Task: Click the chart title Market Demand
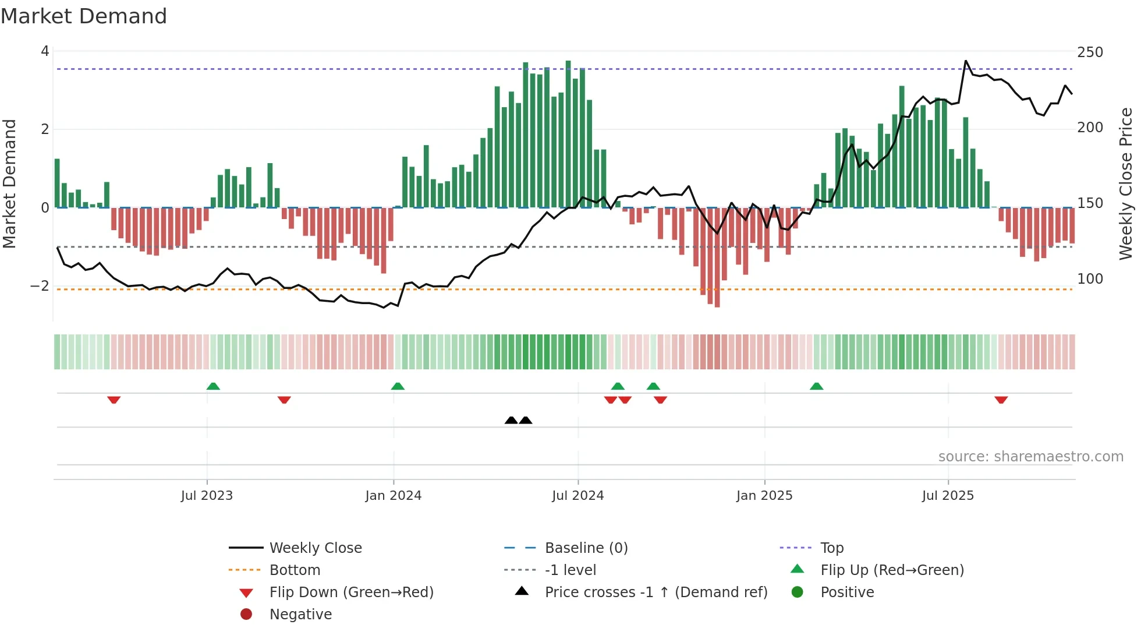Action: pyautogui.click(x=84, y=16)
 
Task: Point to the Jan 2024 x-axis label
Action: pyautogui.click(x=393, y=496)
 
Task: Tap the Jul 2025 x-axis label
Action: pyautogui.click(x=947, y=496)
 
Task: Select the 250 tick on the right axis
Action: pyautogui.click(x=1090, y=52)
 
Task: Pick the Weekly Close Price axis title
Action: pyautogui.click(x=1126, y=184)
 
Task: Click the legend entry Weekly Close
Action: pyautogui.click(x=315, y=548)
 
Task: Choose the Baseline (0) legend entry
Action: pyautogui.click(x=586, y=548)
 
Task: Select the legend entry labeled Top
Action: pyautogui.click(x=831, y=548)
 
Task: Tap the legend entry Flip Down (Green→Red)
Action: pyautogui.click(x=351, y=592)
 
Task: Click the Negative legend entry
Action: pyautogui.click(x=300, y=615)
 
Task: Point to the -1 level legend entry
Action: pyautogui.click(x=570, y=570)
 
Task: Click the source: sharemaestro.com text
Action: pyautogui.click(x=1030, y=457)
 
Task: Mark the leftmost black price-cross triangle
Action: pyautogui.click(x=511, y=420)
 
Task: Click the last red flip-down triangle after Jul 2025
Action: pyautogui.click(x=1001, y=400)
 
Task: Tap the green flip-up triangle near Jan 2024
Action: pyautogui.click(x=398, y=386)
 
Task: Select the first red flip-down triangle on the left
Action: pyautogui.click(x=114, y=400)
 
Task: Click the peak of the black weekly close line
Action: pyautogui.click(x=966, y=61)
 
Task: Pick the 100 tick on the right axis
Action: pyautogui.click(x=1090, y=279)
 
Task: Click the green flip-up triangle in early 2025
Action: pyautogui.click(x=816, y=386)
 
